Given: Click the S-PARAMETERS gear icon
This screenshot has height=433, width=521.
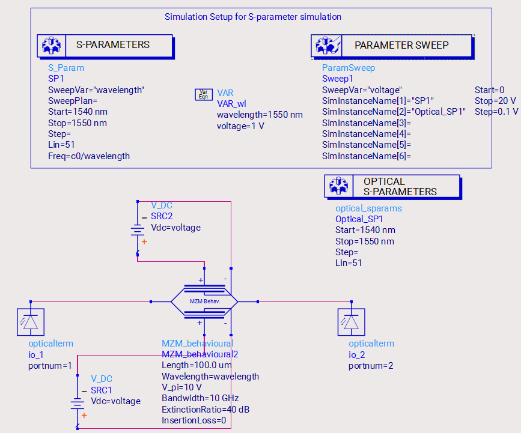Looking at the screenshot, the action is click(52, 46).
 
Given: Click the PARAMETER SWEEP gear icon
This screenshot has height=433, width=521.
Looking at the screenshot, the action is click(327, 45).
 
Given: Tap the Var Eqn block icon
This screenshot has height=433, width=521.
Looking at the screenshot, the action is click(203, 94).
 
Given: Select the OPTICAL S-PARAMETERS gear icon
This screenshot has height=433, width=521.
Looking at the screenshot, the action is click(338, 186).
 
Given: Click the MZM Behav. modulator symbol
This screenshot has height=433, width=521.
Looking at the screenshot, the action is click(204, 301).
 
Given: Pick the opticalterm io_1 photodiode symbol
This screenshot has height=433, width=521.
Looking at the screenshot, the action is click(31, 322).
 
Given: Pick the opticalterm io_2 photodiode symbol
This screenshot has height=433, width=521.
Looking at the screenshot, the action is click(351, 322).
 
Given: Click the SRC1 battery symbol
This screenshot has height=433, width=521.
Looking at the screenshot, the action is click(78, 402).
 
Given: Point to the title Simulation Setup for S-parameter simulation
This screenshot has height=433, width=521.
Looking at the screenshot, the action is click(253, 17).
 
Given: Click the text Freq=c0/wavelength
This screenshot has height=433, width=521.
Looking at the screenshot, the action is click(89, 156).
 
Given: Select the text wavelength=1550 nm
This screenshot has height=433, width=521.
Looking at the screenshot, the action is click(260, 115).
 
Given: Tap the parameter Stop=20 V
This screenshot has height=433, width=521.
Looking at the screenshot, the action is click(495, 101).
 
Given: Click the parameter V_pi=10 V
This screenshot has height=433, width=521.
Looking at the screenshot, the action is click(181, 387).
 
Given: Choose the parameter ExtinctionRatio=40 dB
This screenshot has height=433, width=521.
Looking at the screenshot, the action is click(206, 410).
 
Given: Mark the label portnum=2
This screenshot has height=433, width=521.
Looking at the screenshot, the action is click(371, 366).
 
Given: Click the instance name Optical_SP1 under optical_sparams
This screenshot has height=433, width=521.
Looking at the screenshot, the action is click(359, 219).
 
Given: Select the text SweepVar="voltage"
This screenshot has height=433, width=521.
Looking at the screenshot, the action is click(362, 90).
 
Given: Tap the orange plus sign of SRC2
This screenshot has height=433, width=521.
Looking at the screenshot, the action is click(144, 242).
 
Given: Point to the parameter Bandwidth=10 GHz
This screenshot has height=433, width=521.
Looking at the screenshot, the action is click(200, 398).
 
